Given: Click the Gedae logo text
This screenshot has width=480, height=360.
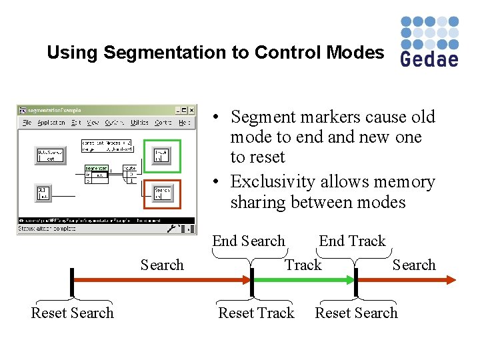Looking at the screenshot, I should coord(429,59).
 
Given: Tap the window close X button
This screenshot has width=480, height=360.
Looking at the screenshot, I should coord(191,110).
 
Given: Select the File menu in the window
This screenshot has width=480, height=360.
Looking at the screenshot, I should coord(27,123).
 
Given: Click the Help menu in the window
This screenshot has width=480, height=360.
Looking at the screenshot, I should coord(185,123).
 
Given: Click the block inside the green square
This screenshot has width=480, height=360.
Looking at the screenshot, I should coord(162,155).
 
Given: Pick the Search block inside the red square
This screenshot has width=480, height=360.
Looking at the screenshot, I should coord(162,193).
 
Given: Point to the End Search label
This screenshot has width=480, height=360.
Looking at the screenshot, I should coord(248,241).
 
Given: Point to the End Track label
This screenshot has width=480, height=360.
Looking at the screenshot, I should coord(352,241).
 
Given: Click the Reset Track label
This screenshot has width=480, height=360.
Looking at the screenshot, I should coord(256,313).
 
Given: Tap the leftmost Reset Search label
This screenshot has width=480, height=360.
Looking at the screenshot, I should coord(72,313).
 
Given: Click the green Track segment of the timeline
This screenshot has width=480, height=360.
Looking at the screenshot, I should coord(303,281).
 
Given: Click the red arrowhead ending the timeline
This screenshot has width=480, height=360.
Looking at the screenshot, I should coord(451,281).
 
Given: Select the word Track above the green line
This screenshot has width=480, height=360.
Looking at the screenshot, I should coord(303,265).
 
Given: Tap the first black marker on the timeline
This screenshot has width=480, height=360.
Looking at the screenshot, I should coord(72,281).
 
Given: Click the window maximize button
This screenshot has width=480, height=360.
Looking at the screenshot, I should coord(185,110).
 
